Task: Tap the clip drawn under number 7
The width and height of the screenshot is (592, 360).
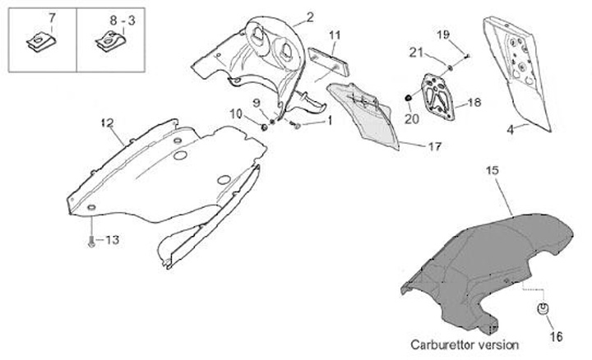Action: click(x=39, y=39)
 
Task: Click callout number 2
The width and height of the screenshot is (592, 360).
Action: click(x=309, y=16)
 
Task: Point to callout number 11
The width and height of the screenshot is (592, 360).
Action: click(x=334, y=35)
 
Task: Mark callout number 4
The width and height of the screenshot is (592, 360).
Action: click(x=511, y=129)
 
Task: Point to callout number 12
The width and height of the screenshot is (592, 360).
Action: click(x=106, y=123)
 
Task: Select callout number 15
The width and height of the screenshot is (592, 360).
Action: click(x=492, y=170)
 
